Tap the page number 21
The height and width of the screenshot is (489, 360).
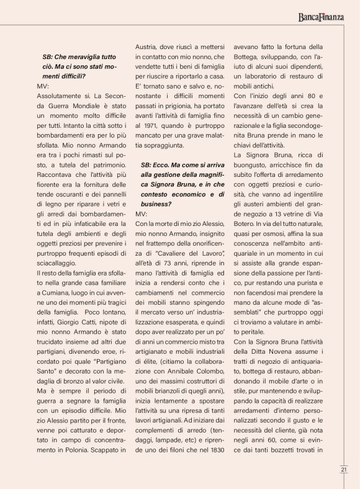[343, 469]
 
